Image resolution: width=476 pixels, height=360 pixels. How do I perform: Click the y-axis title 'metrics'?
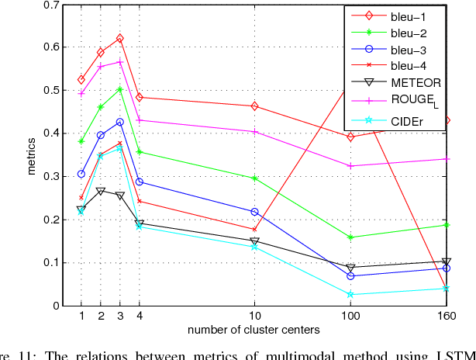coord(32,156)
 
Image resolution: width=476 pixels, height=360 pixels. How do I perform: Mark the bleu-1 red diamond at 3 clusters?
coord(119,39)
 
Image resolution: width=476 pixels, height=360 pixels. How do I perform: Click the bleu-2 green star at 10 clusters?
coord(254,178)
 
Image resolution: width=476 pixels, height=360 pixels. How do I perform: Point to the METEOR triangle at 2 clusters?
coord(100,191)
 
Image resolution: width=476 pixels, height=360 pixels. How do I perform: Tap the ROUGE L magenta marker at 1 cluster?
coord(81,93)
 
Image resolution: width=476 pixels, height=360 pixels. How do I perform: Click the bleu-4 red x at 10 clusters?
coord(254,230)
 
